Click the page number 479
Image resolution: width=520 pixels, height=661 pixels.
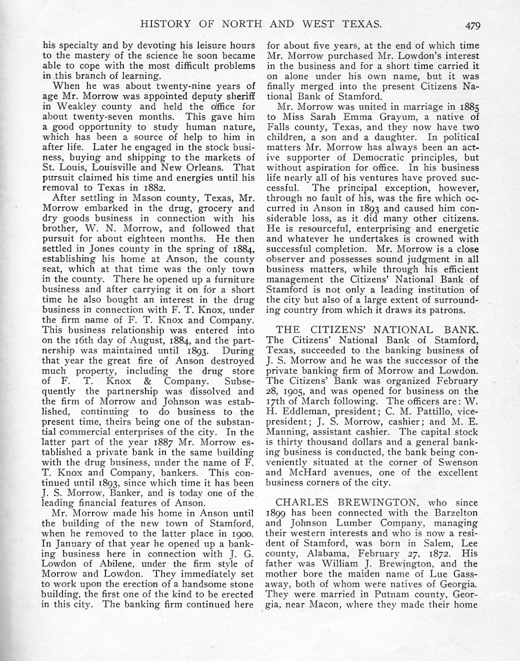point(472,25)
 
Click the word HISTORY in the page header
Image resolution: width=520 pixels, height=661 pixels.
point(164,24)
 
